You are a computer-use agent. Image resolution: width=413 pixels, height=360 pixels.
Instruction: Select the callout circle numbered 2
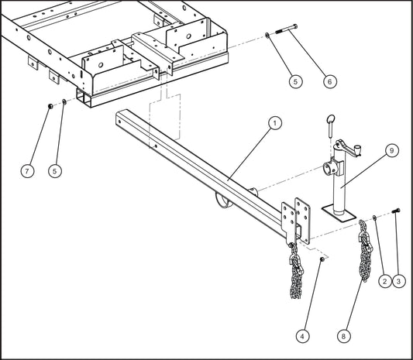pyautogui.click(x=383, y=283)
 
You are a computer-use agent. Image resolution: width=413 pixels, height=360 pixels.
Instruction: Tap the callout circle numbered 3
pyautogui.click(x=400, y=283)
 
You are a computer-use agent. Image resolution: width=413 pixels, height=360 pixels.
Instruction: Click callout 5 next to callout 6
pyautogui.click(x=294, y=81)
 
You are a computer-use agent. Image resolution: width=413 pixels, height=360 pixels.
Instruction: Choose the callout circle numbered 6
pyautogui.click(x=329, y=81)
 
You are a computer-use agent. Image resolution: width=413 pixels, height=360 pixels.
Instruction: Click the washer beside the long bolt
pyautogui.click(x=267, y=35)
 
